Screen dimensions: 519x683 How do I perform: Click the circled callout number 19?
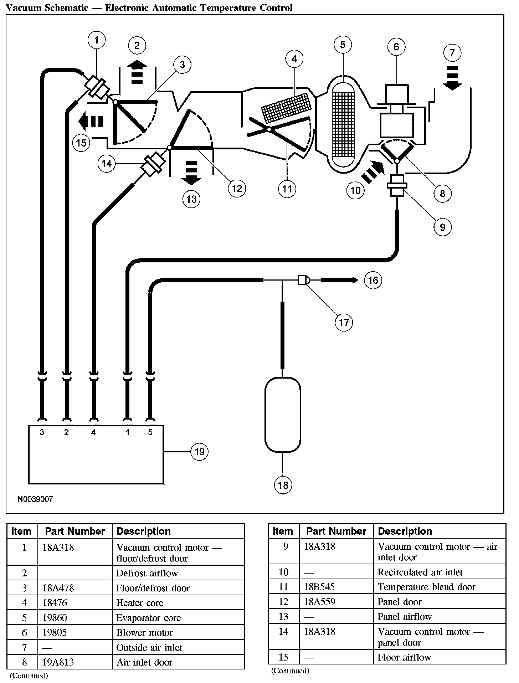pyautogui.click(x=199, y=452)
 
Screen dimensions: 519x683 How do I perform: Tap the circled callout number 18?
pyautogui.click(x=283, y=485)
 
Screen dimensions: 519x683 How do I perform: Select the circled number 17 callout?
pyautogui.click(x=344, y=323)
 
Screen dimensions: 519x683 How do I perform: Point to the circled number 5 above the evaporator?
pyautogui.click(x=343, y=45)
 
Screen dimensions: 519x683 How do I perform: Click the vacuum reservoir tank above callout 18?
pyautogui.click(x=283, y=415)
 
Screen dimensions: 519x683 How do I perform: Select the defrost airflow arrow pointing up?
pyautogui.click(x=137, y=72)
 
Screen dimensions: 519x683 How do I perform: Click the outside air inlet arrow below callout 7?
pyautogui.click(x=452, y=78)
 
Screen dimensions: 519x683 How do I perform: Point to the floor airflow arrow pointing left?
pyautogui.click(x=91, y=121)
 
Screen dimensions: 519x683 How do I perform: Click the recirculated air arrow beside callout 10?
pyautogui.click(x=373, y=172)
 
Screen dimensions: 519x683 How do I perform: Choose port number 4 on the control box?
pyautogui.click(x=93, y=432)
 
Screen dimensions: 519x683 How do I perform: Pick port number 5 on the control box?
pyautogui.click(x=150, y=432)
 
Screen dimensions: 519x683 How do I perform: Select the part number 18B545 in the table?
pyautogui.click(x=319, y=587)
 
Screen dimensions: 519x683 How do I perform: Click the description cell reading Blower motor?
pyautogui.click(x=144, y=632)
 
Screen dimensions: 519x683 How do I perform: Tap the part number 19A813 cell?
pyautogui.click(x=58, y=662)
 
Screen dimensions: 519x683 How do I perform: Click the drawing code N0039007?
pyautogui.click(x=35, y=499)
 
